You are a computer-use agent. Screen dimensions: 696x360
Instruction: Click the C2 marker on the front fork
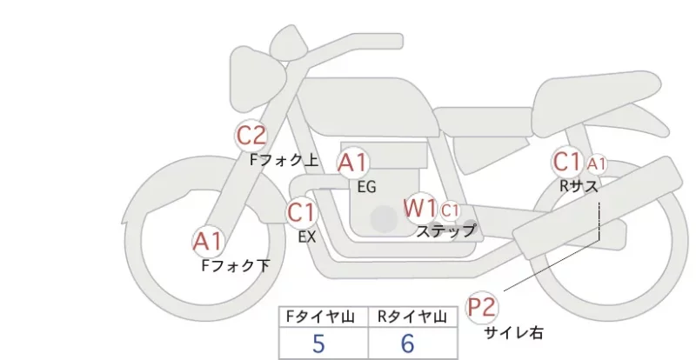click(251, 135)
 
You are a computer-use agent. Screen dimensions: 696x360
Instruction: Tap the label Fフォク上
click(284, 160)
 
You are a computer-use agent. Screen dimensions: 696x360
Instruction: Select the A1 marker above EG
click(352, 163)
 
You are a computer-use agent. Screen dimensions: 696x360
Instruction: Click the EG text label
click(366, 187)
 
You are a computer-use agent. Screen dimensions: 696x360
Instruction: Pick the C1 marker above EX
click(301, 212)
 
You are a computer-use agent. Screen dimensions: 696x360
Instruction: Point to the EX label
click(307, 237)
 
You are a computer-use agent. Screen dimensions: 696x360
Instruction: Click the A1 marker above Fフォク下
click(208, 242)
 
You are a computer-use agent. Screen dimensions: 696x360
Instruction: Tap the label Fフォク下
click(235, 265)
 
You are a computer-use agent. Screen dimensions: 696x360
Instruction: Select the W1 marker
click(420, 208)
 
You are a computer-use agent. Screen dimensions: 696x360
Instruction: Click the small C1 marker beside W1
click(450, 210)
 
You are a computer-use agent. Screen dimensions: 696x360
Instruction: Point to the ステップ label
click(446, 231)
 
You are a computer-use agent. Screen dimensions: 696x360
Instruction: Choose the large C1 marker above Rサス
click(567, 162)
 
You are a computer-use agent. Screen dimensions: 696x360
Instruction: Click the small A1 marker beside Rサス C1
click(596, 164)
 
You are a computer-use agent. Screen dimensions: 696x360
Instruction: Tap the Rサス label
click(579, 186)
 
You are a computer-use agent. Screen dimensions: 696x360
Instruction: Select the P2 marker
click(482, 307)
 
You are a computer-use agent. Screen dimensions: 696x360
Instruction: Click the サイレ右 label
click(513, 333)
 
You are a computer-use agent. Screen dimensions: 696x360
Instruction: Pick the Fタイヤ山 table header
click(324, 317)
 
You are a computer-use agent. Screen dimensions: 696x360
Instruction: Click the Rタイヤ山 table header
click(412, 317)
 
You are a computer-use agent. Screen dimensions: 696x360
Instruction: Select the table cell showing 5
click(324, 343)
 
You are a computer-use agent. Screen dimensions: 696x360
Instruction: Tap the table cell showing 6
click(412, 343)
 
